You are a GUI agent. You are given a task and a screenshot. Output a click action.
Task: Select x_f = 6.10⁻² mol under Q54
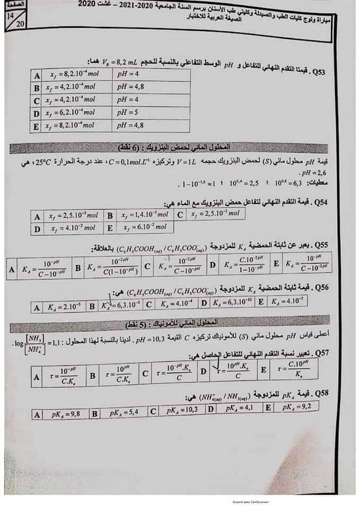click(144, 227)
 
